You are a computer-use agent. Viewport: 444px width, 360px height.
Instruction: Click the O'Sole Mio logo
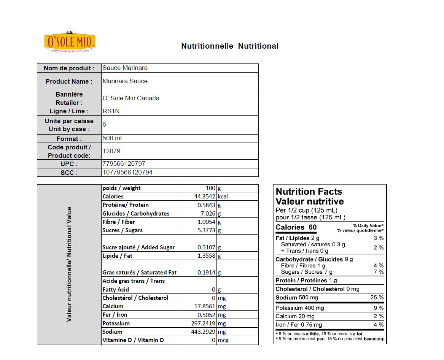click(x=70, y=41)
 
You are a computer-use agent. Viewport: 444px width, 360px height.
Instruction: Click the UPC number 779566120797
click(x=124, y=164)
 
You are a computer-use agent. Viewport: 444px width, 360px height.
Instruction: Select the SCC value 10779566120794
click(x=127, y=173)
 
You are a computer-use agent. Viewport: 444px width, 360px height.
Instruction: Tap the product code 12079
click(x=111, y=151)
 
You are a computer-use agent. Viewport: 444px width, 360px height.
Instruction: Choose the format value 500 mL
click(x=113, y=138)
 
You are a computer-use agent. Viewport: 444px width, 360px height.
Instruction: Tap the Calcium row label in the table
click(x=113, y=306)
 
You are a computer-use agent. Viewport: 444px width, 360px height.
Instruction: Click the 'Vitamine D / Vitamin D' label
click(x=133, y=340)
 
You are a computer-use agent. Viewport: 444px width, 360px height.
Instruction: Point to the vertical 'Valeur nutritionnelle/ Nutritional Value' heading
click(x=69, y=264)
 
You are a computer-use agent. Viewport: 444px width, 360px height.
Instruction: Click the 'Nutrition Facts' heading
click(x=309, y=192)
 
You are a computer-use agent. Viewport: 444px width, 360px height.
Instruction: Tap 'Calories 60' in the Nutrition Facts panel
click(x=296, y=227)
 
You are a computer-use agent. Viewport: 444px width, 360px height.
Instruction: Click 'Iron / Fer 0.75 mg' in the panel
click(x=299, y=325)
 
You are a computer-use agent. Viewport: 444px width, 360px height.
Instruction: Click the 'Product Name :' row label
click(x=69, y=81)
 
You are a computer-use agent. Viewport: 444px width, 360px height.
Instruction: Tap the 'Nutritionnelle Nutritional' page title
click(x=230, y=46)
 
